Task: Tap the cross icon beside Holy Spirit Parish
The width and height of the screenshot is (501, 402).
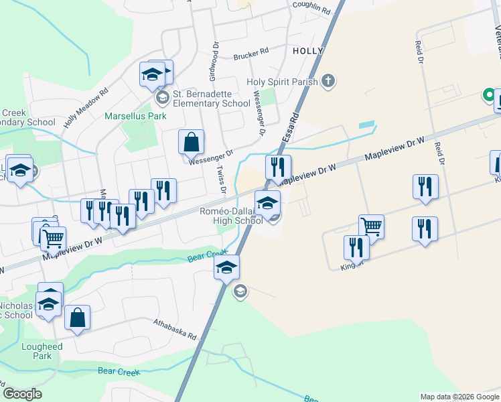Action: point(328,82)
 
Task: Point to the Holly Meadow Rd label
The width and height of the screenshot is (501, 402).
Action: point(86,109)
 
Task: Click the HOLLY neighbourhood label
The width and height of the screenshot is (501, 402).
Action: point(308,51)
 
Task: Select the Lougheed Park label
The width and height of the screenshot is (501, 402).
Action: point(42,351)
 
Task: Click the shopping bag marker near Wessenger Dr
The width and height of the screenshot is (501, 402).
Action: point(191,142)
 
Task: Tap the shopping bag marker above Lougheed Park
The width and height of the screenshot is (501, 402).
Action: point(78,318)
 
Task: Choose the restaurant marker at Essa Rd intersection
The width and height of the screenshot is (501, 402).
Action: point(278,167)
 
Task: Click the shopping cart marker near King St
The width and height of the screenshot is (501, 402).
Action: point(371,226)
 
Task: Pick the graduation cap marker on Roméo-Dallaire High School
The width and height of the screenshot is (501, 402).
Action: point(267,202)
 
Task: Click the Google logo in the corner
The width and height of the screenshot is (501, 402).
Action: point(22,394)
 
